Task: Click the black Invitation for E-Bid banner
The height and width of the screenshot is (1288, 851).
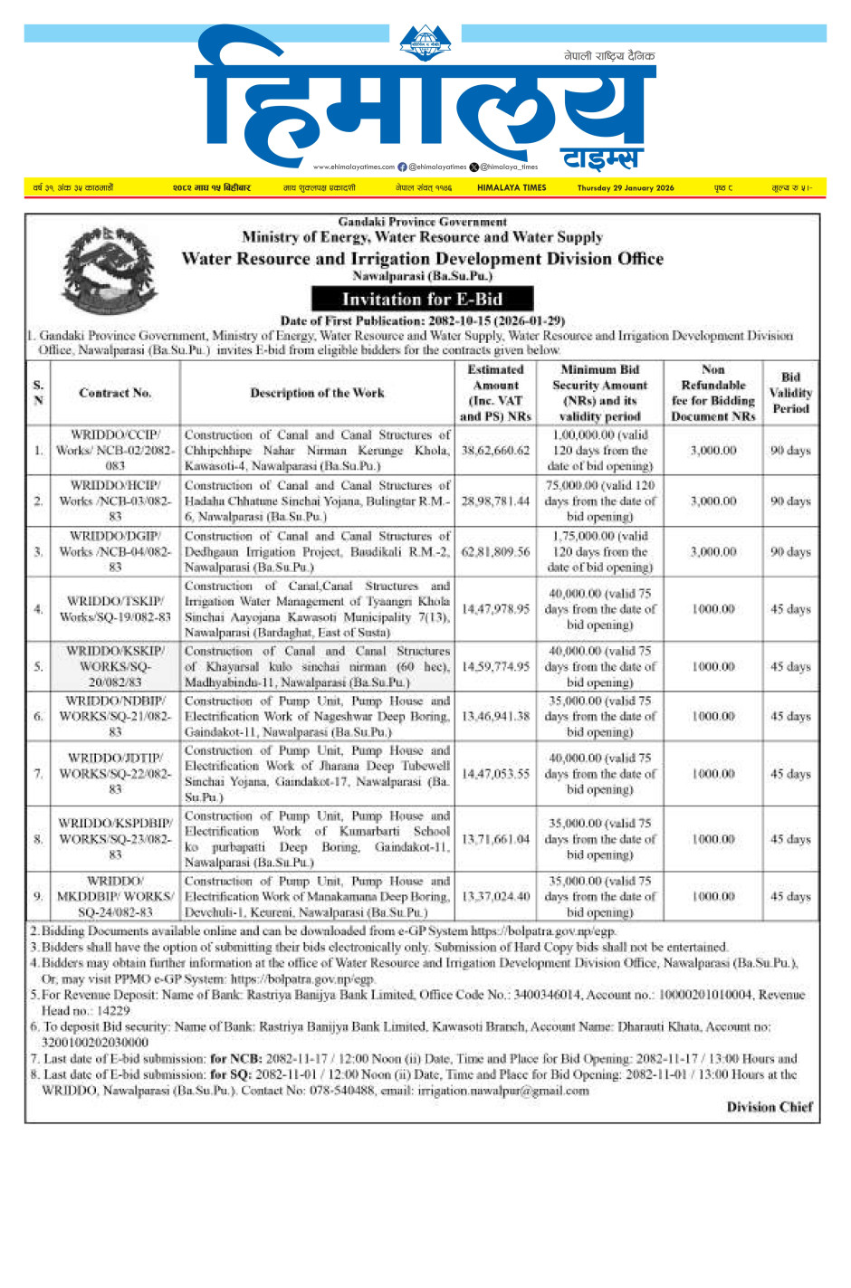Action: (422, 300)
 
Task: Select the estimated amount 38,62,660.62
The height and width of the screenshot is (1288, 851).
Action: (495, 451)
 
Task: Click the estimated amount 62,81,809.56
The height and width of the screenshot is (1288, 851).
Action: (495, 552)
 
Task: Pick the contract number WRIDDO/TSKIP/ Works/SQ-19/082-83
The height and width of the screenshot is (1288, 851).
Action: (115, 609)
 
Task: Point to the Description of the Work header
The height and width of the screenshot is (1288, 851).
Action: (317, 393)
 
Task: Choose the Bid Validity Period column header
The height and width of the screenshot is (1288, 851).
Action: (790, 393)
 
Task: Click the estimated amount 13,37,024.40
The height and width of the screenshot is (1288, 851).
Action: (495, 897)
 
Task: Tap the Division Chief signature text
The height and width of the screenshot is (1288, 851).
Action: (770, 1107)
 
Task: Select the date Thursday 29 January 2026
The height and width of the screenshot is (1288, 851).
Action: (626, 188)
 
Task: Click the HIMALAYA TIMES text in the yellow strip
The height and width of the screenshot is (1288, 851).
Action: (512, 188)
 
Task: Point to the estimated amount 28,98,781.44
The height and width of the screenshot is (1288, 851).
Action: (495, 501)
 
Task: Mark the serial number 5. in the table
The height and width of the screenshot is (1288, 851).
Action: (38, 667)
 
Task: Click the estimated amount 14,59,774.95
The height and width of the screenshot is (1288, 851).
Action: (495, 667)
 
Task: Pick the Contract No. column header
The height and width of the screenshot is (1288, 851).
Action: (115, 393)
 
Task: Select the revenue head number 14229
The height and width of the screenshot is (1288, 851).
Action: (113, 1011)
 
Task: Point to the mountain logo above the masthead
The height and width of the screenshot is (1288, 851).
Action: (425, 42)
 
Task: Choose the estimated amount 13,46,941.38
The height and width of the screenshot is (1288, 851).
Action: (495, 717)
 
